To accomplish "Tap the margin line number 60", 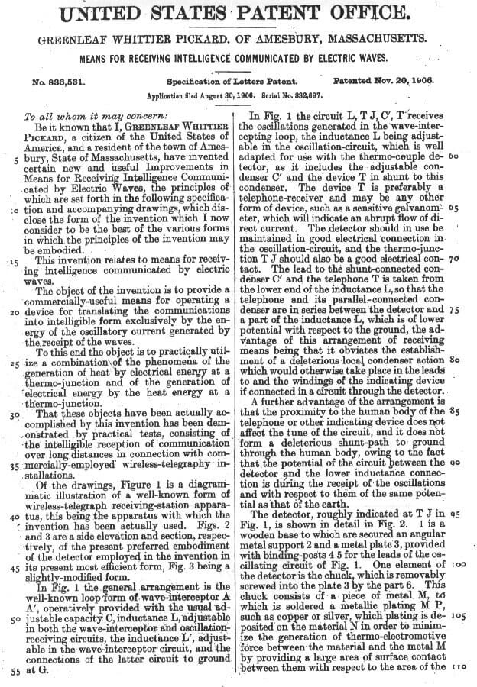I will click(x=454, y=154).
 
